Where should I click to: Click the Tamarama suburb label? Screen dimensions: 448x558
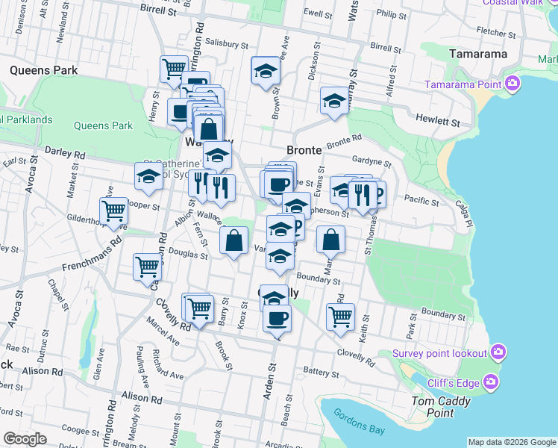point(479,55)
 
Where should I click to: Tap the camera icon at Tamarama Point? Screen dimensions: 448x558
point(512,83)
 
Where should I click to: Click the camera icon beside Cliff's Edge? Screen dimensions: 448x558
point(491,382)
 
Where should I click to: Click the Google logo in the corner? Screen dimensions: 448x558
point(25,439)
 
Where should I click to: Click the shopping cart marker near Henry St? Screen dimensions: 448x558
point(173,69)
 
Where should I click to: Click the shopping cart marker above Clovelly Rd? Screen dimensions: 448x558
point(341,315)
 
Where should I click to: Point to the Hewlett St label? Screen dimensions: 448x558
point(439,120)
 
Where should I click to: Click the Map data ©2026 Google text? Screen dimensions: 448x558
point(512,442)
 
